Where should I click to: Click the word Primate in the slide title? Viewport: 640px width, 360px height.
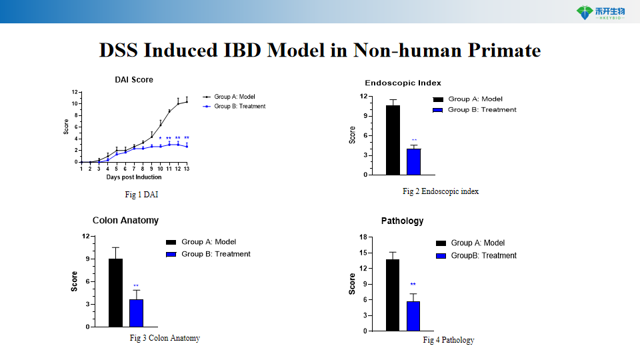click(x=501, y=51)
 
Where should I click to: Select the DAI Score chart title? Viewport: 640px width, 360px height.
click(x=134, y=80)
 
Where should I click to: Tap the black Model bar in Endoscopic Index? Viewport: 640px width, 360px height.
click(x=393, y=140)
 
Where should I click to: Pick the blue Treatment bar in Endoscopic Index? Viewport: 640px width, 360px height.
click(x=414, y=161)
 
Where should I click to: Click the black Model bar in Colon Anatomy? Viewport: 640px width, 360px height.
click(x=115, y=293)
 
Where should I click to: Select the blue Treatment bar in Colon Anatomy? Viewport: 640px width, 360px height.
click(x=136, y=313)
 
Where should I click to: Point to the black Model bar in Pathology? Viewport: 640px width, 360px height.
click(x=393, y=295)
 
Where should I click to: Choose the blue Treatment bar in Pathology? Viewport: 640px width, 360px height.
click(x=413, y=316)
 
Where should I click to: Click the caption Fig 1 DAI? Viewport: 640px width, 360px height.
click(x=141, y=195)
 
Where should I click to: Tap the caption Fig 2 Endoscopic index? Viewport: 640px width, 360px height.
click(x=441, y=191)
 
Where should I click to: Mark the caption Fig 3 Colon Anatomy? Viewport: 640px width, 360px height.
click(x=165, y=338)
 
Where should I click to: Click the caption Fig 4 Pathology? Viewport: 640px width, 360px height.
click(x=449, y=340)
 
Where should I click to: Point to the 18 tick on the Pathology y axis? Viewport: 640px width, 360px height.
click(x=363, y=237)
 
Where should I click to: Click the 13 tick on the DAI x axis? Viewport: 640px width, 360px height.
click(x=187, y=169)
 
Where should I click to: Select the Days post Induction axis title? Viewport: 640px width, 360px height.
click(x=134, y=177)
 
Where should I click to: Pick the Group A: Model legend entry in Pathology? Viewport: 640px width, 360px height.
click(x=477, y=243)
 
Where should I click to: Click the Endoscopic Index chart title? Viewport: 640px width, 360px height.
click(x=403, y=83)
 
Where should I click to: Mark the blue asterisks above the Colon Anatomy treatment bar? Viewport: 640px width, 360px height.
click(x=136, y=286)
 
